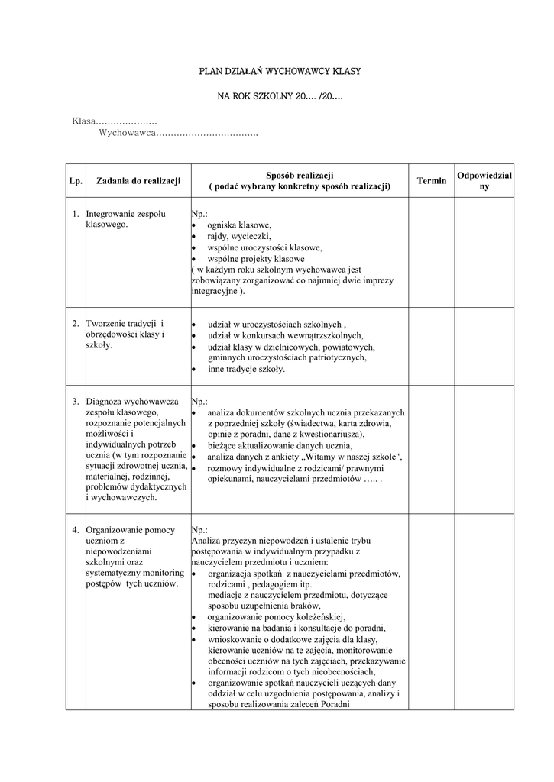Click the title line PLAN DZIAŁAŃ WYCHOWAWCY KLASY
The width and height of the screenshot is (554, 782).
pyautogui.click(x=279, y=71)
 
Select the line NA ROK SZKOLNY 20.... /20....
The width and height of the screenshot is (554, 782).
pyautogui.click(x=279, y=98)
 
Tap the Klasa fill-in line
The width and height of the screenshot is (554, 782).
pyautogui.click(x=115, y=121)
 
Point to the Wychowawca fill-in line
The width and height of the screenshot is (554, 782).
pyautogui.click(x=178, y=134)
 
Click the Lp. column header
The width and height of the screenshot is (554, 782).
pyautogui.click(x=75, y=181)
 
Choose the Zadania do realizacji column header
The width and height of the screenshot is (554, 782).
pyautogui.click(x=138, y=181)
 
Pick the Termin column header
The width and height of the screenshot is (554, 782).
pyautogui.click(x=432, y=181)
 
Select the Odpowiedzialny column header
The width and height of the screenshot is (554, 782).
pyautogui.click(x=484, y=181)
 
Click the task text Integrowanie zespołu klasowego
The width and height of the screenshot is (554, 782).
pyautogui.click(x=126, y=219)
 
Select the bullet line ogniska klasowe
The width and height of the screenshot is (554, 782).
pyautogui.click(x=239, y=225)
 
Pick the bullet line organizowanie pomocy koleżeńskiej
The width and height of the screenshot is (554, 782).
pyautogui.click(x=277, y=616)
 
